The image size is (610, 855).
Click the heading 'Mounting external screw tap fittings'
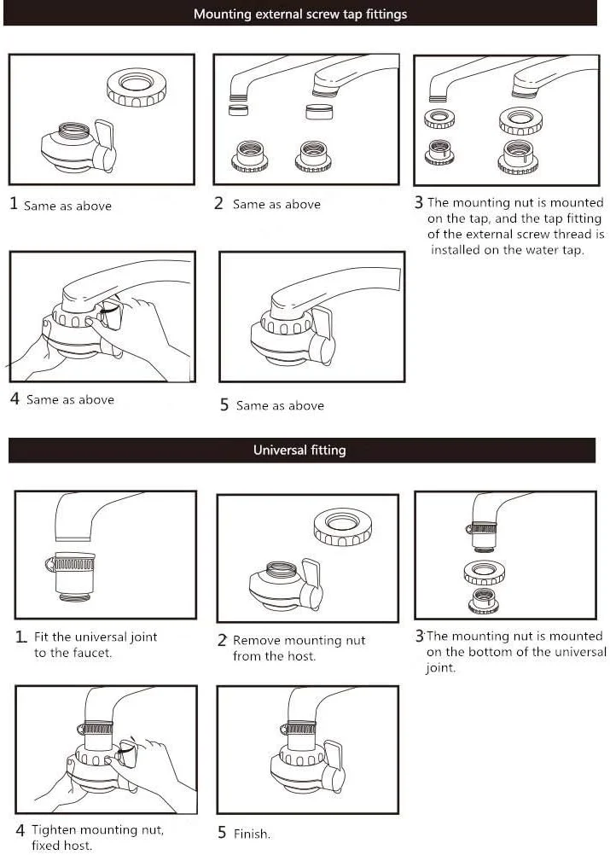[x=300, y=14]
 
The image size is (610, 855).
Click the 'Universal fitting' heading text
[x=299, y=450]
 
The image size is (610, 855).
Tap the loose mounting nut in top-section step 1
[x=137, y=87]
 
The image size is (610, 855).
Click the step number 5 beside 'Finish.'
[x=222, y=832]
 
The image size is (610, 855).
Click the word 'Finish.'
[x=252, y=834]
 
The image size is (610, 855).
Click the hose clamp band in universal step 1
[x=71, y=563]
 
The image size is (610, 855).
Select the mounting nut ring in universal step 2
[x=343, y=526]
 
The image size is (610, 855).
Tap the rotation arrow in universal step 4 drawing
[x=125, y=754]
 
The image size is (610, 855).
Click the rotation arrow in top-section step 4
[x=109, y=311]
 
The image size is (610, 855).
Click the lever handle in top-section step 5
[x=322, y=335]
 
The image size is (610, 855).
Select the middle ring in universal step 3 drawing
[x=484, y=573]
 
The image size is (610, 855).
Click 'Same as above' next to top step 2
[x=277, y=205]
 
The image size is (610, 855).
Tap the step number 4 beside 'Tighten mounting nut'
[x=20, y=830]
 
